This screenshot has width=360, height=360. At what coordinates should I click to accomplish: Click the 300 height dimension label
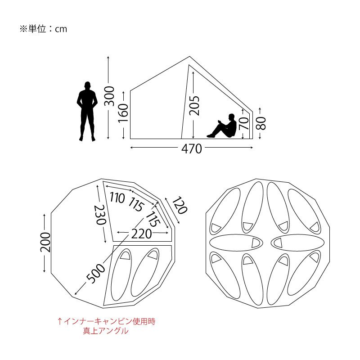click(x=109, y=96)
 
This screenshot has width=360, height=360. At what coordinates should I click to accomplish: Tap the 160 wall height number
click(x=123, y=113)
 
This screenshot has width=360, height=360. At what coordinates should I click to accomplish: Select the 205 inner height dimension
click(x=194, y=105)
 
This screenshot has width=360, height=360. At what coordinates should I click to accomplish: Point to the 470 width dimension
click(x=192, y=148)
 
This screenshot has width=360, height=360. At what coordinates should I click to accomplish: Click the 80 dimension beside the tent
click(x=261, y=123)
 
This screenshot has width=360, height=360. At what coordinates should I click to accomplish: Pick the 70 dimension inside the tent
click(x=244, y=123)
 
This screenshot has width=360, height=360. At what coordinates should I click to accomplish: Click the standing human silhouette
click(x=87, y=111)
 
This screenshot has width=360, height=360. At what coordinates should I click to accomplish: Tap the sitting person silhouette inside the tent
click(x=222, y=126)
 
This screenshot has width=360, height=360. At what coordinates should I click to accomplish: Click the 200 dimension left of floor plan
click(x=45, y=242)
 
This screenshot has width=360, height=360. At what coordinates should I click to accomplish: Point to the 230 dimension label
click(x=100, y=215)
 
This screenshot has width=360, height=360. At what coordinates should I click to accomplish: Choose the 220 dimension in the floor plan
click(x=142, y=234)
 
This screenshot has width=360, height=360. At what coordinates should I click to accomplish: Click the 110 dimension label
click(x=117, y=198)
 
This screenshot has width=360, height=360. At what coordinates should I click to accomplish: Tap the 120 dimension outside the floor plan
click(x=180, y=205)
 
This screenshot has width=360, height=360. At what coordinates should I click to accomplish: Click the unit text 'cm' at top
click(x=61, y=29)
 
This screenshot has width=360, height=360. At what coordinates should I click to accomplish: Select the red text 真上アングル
click(x=106, y=331)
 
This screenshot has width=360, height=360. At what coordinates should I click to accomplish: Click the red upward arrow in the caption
click(x=60, y=321)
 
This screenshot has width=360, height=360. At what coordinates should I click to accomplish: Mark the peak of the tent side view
click(x=189, y=57)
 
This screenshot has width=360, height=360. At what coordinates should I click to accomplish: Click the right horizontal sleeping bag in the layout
click(x=297, y=243)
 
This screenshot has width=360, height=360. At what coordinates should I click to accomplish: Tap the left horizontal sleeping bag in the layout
click(x=236, y=243)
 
